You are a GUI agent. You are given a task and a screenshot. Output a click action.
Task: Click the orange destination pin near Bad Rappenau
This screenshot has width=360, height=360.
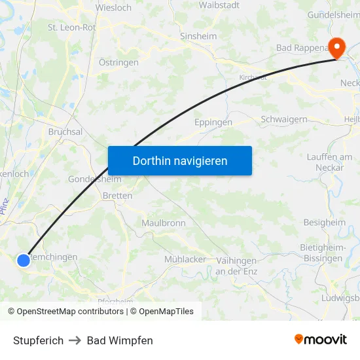pos(337,47)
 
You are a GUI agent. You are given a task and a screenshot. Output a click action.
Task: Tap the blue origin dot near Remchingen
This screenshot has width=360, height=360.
pos(24,260)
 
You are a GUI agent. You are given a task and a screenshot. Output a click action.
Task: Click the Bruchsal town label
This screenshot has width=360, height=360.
pos(65,132)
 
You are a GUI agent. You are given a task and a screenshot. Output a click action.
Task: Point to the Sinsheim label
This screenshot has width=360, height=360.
pos(198,37)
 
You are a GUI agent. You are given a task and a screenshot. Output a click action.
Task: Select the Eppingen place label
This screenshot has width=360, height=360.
pos(213,122)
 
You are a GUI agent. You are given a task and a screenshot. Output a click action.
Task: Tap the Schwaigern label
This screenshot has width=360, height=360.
pos(284,119)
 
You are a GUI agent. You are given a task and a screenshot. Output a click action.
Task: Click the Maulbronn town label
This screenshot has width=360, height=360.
pos(164,223)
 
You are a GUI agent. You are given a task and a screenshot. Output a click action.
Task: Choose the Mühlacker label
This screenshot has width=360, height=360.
pos(185,259)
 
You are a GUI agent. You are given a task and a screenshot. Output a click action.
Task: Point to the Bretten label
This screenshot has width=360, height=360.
pos(118,196)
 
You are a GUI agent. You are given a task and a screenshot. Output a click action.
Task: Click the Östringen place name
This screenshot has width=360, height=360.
pos(118,62)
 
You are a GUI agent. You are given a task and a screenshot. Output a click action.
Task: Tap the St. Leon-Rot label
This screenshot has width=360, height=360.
pos(72,27)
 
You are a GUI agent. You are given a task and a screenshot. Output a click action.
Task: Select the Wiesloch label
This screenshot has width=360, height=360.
pos(113,8)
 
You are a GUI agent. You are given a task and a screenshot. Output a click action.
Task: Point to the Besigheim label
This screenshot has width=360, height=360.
pos(325,223)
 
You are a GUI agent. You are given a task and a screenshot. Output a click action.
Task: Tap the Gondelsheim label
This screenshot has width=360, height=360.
pos(95,179)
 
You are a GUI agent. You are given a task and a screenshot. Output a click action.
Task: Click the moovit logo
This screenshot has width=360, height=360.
pos(321,340)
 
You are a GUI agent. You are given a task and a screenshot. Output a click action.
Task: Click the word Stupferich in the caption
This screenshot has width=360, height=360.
pos(38,340)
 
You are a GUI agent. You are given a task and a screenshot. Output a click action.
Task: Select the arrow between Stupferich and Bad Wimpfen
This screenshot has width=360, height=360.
pos(75,340)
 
